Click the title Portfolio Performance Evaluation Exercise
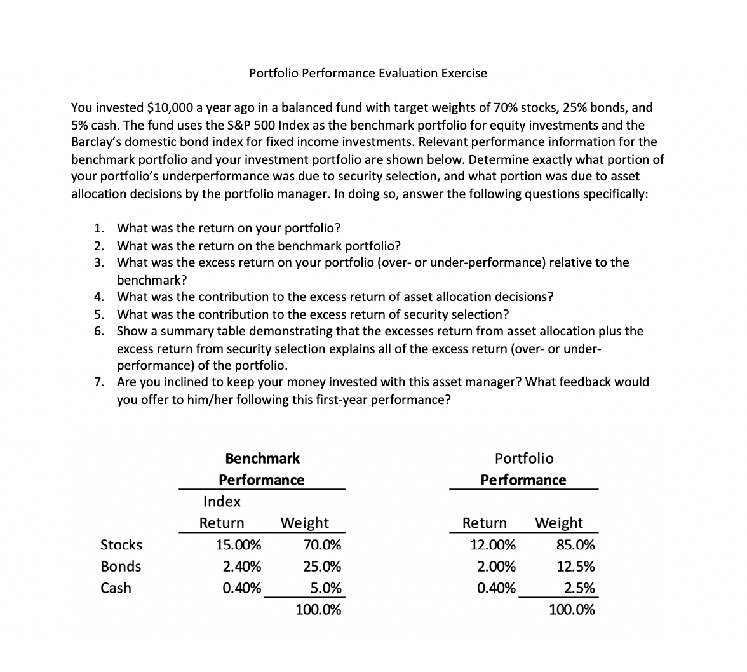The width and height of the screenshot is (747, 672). point(368,73)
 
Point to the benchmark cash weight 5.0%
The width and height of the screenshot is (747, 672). point(326,588)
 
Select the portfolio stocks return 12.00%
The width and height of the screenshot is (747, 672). point(493,545)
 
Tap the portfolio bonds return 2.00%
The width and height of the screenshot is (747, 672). point(496,567)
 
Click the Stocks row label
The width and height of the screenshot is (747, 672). point(122,545)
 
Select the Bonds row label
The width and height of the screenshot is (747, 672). point(121,567)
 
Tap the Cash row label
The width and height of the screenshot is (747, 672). point(116,588)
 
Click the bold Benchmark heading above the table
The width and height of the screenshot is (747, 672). point(262,458)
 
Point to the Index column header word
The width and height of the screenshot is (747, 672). point(222,502)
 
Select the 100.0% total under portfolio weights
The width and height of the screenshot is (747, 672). point(572,610)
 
